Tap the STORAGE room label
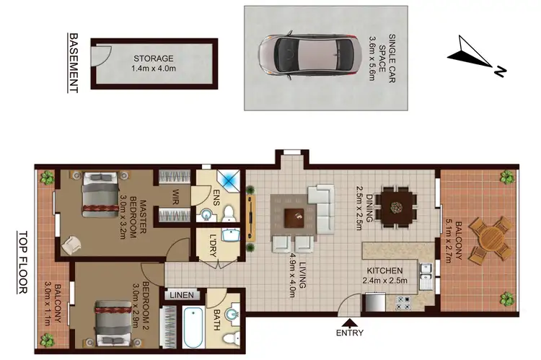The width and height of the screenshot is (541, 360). point(153,58)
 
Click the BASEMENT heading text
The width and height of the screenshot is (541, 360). point(73,62)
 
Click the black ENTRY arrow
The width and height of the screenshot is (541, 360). point(351,322)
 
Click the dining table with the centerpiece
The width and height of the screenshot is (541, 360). point(395,206)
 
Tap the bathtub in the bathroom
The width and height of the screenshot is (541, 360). point(193,327)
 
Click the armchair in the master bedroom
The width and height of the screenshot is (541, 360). point(73,244)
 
